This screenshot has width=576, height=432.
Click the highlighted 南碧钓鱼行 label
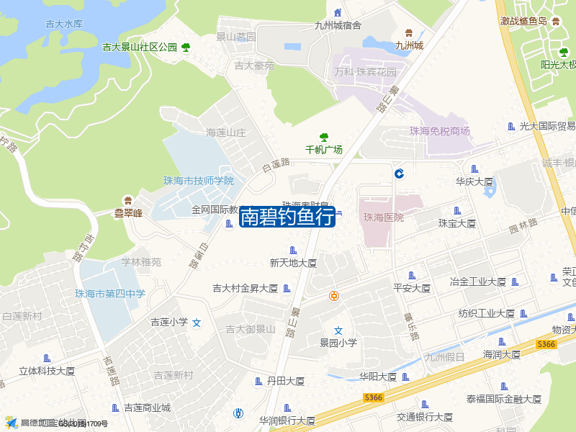pyautogui.click(x=287, y=215)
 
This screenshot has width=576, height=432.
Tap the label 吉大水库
pyautogui.click(x=64, y=24)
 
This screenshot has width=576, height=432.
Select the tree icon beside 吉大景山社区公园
pyautogui.click(x=186, y=48)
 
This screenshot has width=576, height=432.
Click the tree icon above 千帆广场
pyautogui.click(x=324, y=137)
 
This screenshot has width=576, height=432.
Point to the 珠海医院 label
pyautogui.click(x=384, y=217)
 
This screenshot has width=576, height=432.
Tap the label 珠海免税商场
pyautogui.click(x=439, y=131)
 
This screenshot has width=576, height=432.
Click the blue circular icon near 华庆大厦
pyautogui.click(x=398, y=173)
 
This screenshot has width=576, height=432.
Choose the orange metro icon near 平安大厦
pyautogui.click(x=334, y=295)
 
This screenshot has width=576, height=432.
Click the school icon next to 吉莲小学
pyautogui.click(x=197, y=323)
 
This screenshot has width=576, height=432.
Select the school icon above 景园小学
pyautogui.click(x=338, y=330)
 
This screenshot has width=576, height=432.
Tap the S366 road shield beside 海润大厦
pyautogui.click(x=546, y=345)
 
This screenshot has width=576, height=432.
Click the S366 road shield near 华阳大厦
pyautogui.click(x=373, y=397)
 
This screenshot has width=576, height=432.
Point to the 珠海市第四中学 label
pyautogui.click(x=110, y=293)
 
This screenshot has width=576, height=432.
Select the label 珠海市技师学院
pyautogui.click(x=199, y=181)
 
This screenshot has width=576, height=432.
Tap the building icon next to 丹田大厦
pyautogui.click(x=259, y=381)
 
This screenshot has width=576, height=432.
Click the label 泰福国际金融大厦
pyautogui.click(x=503, y=399)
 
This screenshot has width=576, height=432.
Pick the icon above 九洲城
pyautogui.click(x=409, y=32)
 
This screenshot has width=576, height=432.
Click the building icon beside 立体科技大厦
pyautogui.click(x=48, y=359)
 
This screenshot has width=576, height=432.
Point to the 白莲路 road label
pyautogui.click(x=276, y=165)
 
